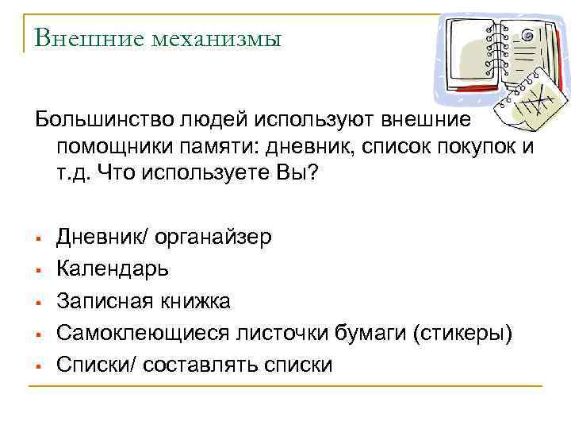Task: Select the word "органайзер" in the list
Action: tap(213, 236)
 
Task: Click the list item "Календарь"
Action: tap(113, 268)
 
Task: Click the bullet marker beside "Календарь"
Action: tap(38, 270)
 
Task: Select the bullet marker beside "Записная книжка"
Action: tap(38, 302)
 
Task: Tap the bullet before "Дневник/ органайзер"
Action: tap(38, 238)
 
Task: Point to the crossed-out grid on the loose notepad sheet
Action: tap(536, 106)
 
